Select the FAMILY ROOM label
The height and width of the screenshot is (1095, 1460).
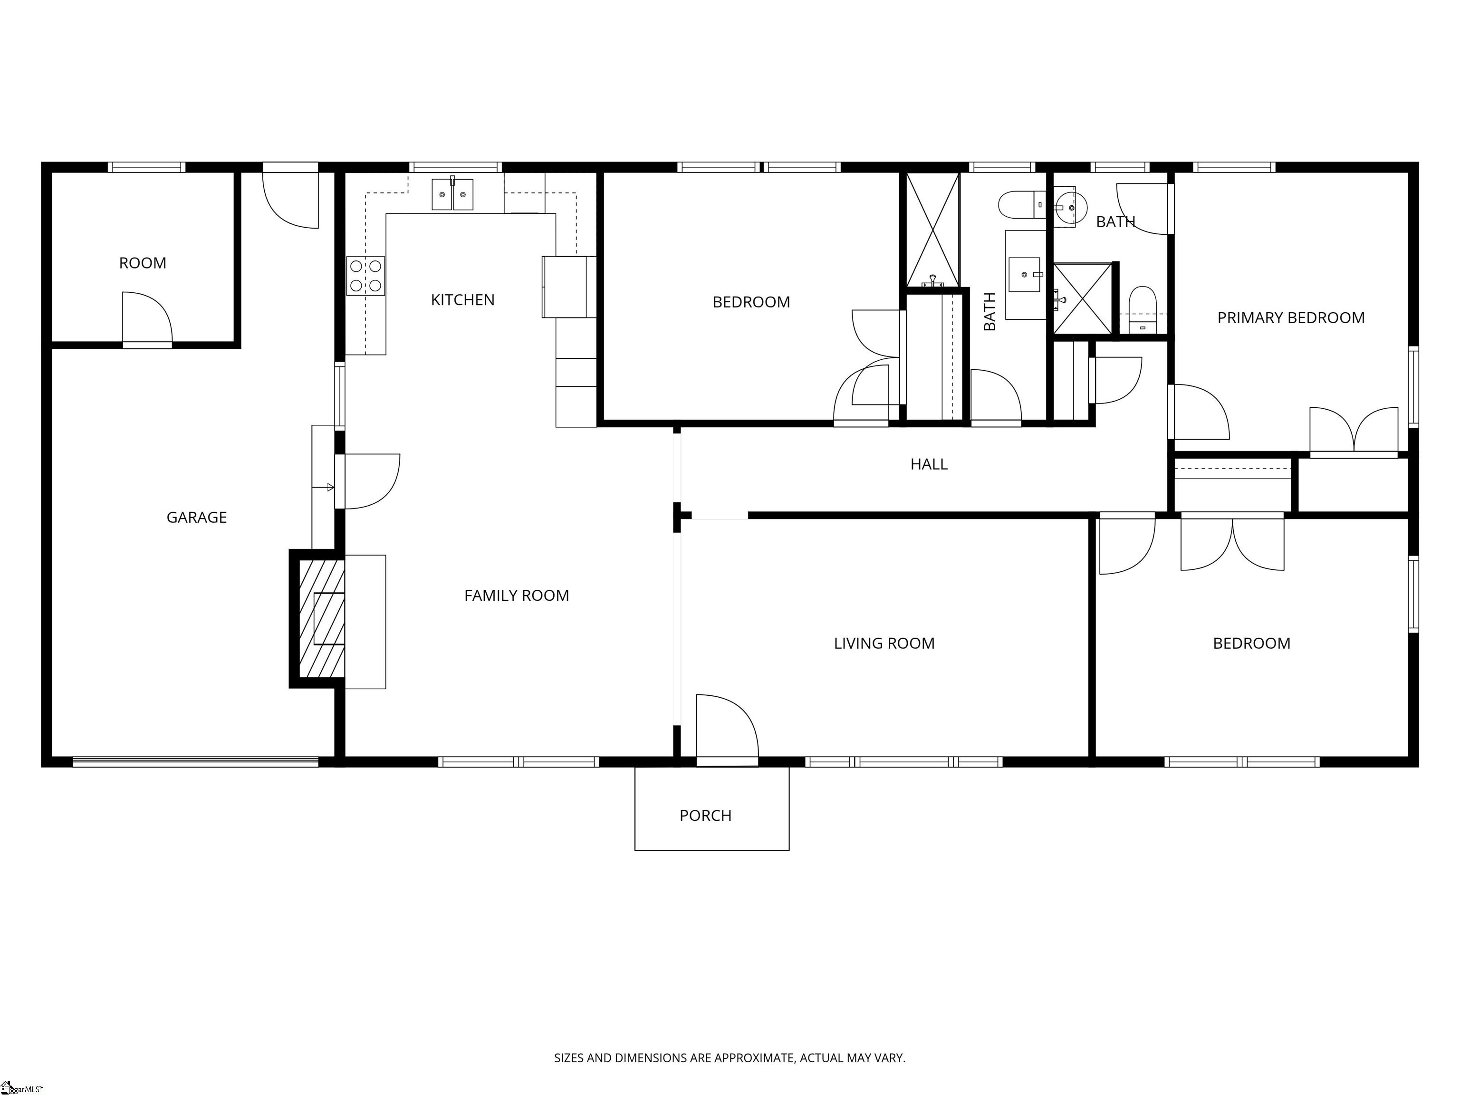[x=516, y=596]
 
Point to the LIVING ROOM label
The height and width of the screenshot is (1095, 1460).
[x=884, y=644]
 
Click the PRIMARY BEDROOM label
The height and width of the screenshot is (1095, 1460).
[x=1290, y=318]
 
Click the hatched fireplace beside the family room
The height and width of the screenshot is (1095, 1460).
[x=321, y=618]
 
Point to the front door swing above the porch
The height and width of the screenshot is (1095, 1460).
[x=727, y=730]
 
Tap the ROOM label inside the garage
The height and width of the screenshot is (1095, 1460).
[x=142, y=263]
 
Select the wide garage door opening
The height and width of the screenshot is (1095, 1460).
[x=195, y=762]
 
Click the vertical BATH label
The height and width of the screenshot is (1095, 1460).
[x=989, y=312]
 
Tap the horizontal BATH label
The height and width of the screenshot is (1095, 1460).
[x=1115, y=222]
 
